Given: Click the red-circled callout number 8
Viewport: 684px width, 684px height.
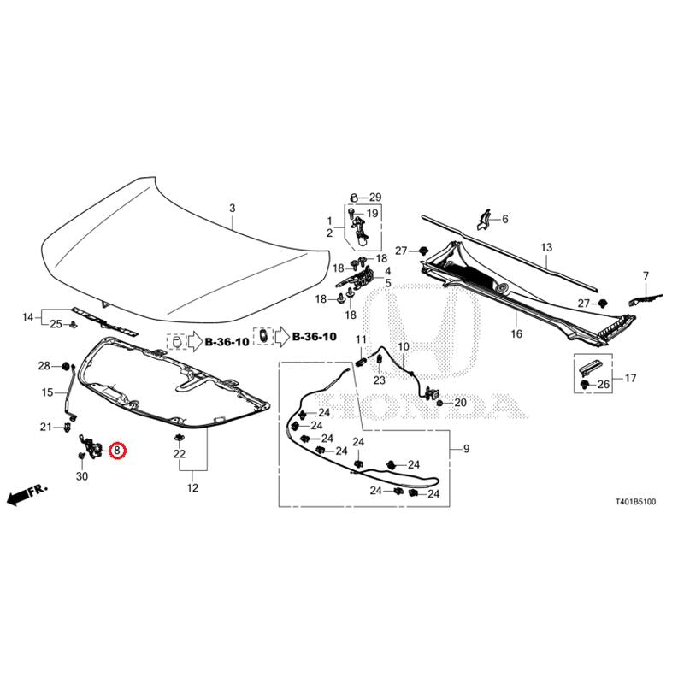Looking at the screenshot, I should [117, 451].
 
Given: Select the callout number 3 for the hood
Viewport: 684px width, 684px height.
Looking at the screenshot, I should [231, 208].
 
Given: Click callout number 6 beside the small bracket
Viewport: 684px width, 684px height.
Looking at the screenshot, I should [504, 219].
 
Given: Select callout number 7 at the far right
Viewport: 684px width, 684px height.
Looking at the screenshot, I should [646, 275].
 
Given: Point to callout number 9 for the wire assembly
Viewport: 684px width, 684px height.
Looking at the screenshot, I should [466, 449].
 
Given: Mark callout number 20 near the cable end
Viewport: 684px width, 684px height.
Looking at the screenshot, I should [460, 403].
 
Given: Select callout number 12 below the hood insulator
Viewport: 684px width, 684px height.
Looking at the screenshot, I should [192, 489].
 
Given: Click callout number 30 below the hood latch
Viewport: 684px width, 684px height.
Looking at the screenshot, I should [82, 476].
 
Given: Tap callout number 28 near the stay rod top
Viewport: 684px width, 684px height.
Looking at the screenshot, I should [44, 366].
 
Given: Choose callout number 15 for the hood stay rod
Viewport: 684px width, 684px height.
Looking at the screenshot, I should [48, 392].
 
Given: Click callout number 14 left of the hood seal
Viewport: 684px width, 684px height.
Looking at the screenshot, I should [28, 317].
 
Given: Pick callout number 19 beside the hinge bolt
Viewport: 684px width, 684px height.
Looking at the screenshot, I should [372, 213].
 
